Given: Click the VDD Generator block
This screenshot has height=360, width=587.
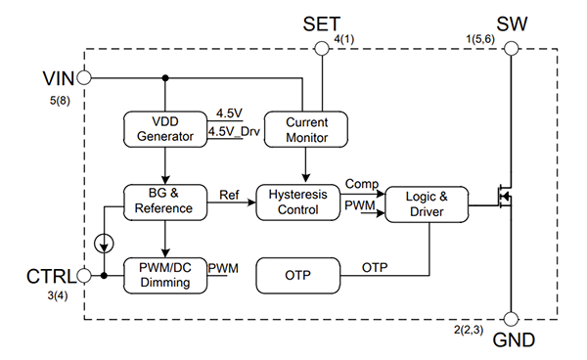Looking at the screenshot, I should pyautogui.click(x=165, y=129).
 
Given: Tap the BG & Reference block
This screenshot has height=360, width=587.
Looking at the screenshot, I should pyautogui.click(x=165, y=201).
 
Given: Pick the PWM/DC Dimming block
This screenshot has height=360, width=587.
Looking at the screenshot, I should pyautogui.click(x=165, y=275).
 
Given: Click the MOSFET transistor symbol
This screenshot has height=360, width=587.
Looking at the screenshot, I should pyautogui.click(x=503, y=199).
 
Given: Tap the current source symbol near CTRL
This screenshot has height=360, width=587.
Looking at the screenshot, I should pyautogui.click(x=104, y=241).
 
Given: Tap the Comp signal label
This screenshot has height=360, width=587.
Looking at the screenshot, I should pyautogui.click(x=362, y=184).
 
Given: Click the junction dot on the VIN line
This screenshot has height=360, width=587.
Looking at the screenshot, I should pyautogui.click(x=165, y=77).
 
